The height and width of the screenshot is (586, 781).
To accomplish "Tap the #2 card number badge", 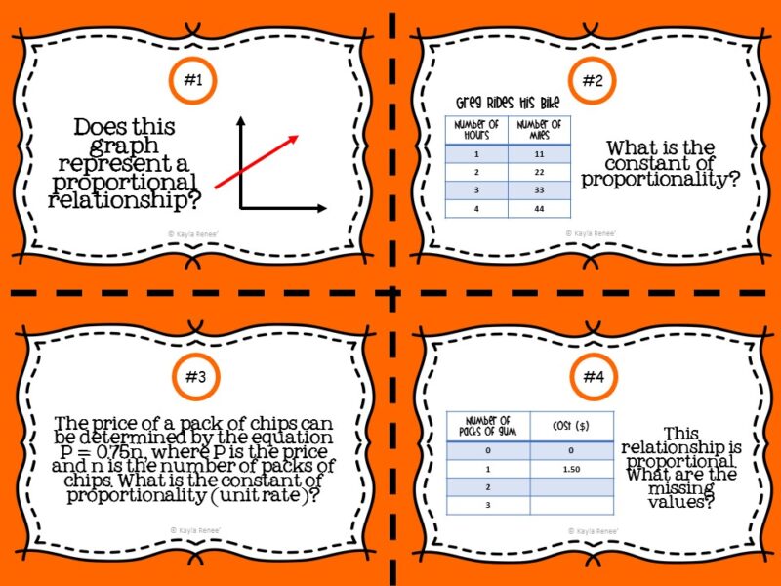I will (592, 81).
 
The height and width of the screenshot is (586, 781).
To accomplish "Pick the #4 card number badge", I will (592, 375).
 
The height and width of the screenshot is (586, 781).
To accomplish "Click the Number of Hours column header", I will (477, 130).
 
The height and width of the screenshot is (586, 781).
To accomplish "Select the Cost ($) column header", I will (572, 425).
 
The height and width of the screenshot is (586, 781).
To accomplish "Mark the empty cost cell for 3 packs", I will (572, 505).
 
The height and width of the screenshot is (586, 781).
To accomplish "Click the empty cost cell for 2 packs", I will (572, 486).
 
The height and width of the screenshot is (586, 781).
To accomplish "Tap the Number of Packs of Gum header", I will (487, 425).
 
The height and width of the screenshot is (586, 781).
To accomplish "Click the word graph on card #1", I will (124, 146).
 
